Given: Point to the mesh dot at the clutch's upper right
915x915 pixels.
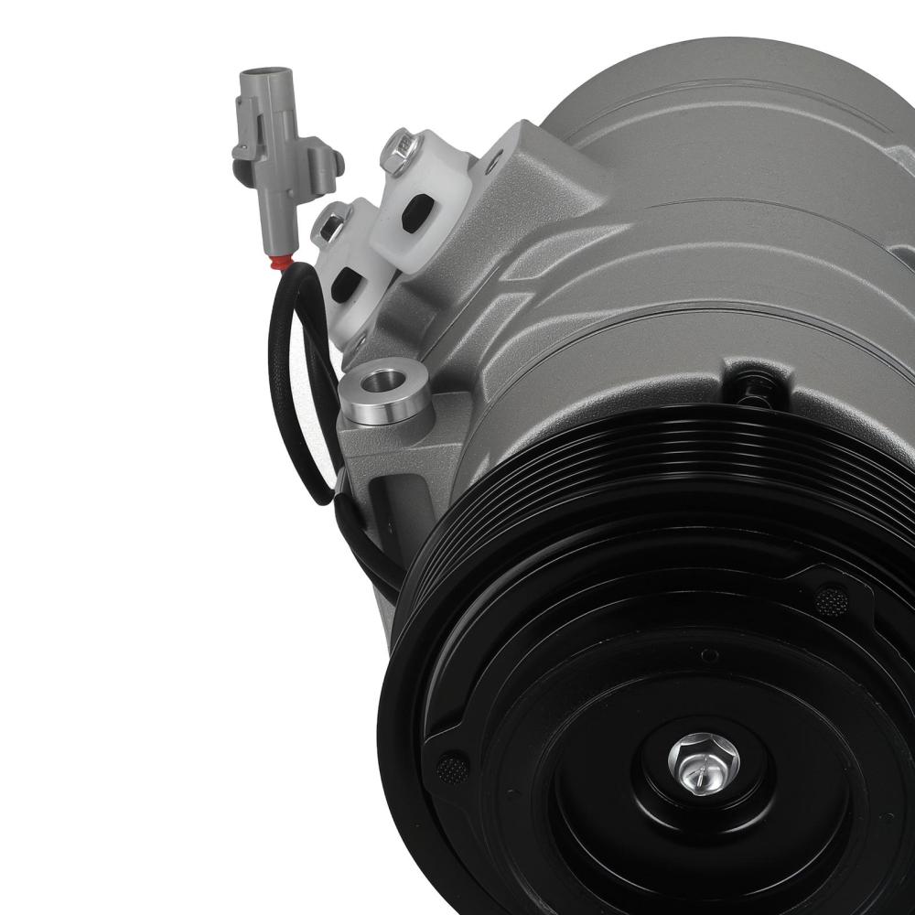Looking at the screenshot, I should (830, 600).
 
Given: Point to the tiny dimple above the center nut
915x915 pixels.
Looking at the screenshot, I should (707, 655).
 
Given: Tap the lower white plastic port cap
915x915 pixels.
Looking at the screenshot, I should (352, 274).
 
